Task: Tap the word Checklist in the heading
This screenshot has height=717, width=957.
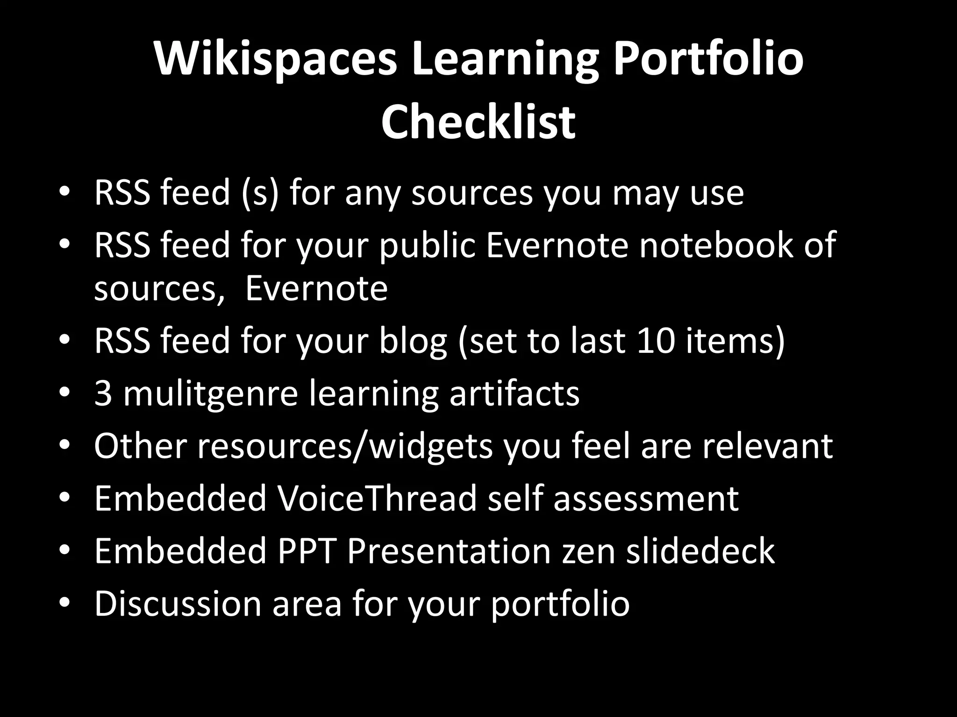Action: [x=478, y=122]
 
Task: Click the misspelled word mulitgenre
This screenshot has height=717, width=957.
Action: [x=210, y=393]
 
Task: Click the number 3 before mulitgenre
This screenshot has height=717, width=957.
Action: [x=103, y=393]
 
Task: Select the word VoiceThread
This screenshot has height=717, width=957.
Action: [x=377, y=498]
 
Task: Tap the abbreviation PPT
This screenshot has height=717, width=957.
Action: [x=307, y=551]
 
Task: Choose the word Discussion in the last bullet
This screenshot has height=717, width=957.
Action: [x=178, y=604]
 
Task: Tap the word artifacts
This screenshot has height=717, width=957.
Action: [x=514, y=393]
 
